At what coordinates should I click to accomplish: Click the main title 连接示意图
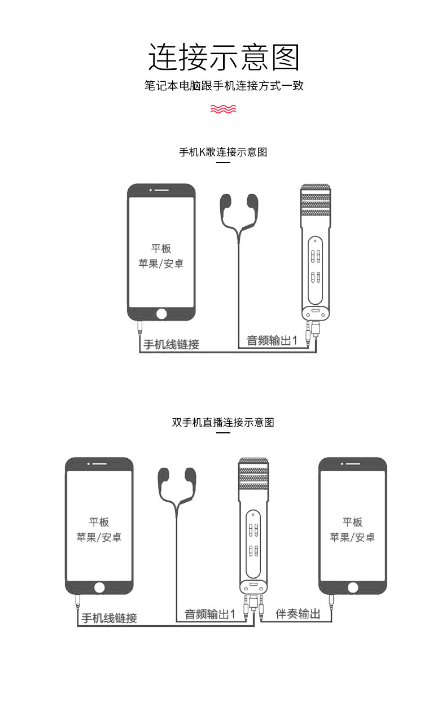coord(223,57)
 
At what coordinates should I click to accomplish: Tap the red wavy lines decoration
coord(223,108)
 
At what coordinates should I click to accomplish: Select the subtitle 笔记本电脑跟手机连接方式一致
coord(223,86)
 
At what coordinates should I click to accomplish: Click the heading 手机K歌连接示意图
coord(223,152)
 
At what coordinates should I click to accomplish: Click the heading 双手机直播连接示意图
coord(223,423)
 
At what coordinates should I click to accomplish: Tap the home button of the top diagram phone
coord(161,313)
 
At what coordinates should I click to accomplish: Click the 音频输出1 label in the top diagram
coord(272,341)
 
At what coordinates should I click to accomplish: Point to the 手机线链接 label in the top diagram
coord(171,344)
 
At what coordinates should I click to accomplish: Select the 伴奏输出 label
coord(298,614)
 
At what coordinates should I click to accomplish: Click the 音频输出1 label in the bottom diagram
coord(209,614)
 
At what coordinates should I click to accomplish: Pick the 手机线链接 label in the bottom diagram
coord(109,618)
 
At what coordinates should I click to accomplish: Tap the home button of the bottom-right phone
coord(353,587)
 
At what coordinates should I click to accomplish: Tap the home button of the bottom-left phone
coord(99,587)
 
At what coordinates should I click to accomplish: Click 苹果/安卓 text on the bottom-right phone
coord(352,537)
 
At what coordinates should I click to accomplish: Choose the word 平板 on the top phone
coord(161,248)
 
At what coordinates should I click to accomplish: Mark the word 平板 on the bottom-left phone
coord(99,522)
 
